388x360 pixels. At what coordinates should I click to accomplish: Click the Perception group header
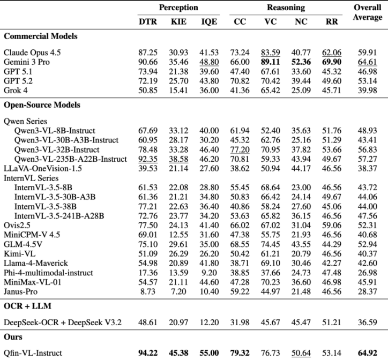coord(178,8)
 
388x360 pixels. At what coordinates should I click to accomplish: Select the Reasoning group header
coord(286,8)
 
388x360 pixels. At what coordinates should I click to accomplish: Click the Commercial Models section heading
coord(41,36)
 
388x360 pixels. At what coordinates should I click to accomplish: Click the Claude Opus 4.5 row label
coord(33,52)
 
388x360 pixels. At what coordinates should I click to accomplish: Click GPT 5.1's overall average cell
coord(367,70)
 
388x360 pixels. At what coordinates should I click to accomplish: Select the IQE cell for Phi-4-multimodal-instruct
coord(209,272)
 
